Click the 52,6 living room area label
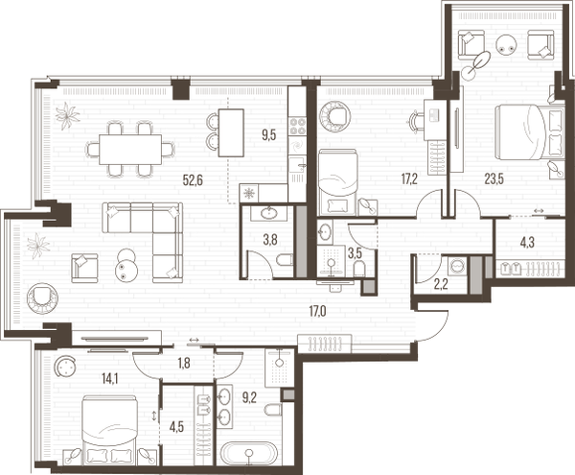pyautogui.click(x=193, y=179)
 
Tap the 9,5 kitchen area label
pyautogui.click(x=268, y=135)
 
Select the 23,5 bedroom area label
pyautogui.click(x=494, y=179)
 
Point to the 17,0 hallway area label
pyautogui.click(x=317, y=312)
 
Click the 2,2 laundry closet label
pyautogui.click(x=441, y=284)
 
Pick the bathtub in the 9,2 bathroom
pyautogui.click(x=250, y=453)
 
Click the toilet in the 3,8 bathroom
pyautogui.click(x=285, y=261)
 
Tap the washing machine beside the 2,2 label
pyautogui.click(x=457, y=265)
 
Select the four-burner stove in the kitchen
pyautogui.click(x=297, y=126)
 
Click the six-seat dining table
pyautogui.click(x=130, y=150)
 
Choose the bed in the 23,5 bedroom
pyautogui.click(x=529, y=132)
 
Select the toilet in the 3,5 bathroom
pyautogui.click(x=359, y=269)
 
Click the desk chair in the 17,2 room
pyautogui.click(x=416, y=120)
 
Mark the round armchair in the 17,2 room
pyautogui.click(x=334, y=115)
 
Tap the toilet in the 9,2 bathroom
pyautogui.click(x=273, y=410)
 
